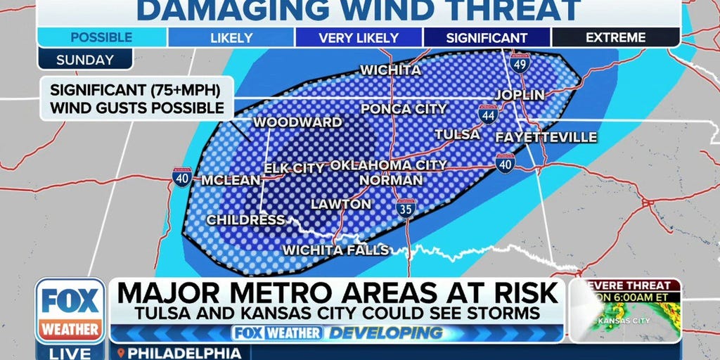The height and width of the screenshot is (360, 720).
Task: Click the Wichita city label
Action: [x=390, y=70]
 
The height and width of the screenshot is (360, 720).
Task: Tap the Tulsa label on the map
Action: [x=457, y=134]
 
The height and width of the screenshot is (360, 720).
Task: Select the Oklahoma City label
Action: [x=388, y=165]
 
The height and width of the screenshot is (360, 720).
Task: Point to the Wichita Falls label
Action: [x=335, y=250]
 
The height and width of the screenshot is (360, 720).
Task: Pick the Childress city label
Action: [x=245, y=220]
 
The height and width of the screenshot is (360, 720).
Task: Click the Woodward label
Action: [x=297, y=122]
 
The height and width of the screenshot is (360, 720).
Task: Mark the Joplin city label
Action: [x=519, y=94]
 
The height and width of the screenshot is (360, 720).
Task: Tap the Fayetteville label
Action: [x=546, y=137]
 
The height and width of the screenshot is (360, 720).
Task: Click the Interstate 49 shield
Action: [x=520, y=64]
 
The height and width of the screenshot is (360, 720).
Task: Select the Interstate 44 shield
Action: [x=488, y=114]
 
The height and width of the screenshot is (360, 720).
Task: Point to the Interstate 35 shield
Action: [x=406, y=207]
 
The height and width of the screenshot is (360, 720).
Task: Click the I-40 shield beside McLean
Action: [x=182, y=177]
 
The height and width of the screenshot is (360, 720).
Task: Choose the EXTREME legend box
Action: [x=616, y=38]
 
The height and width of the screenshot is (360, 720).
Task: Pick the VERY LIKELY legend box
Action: [x=359, y=38]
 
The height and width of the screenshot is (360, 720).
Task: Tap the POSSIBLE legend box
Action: [x=102, y=38]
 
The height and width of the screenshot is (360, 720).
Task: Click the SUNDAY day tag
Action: [x=85, y=60]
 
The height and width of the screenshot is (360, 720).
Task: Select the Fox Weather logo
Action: [x=70, y=310]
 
